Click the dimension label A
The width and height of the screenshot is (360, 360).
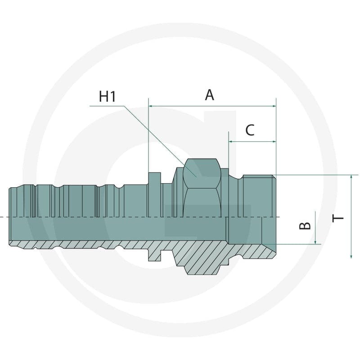point(209,95)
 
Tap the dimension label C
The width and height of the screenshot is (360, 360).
point(250,130)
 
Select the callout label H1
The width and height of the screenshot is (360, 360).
point(108,96)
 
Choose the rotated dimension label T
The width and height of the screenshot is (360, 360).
point(338,218)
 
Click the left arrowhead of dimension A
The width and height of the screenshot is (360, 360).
point(151,106)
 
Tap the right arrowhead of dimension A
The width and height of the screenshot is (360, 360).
point(274,106)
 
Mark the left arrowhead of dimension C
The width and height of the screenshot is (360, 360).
point(231,142)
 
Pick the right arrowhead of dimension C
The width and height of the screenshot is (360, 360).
point(274,142)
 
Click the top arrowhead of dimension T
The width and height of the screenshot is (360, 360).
point(351,177)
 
